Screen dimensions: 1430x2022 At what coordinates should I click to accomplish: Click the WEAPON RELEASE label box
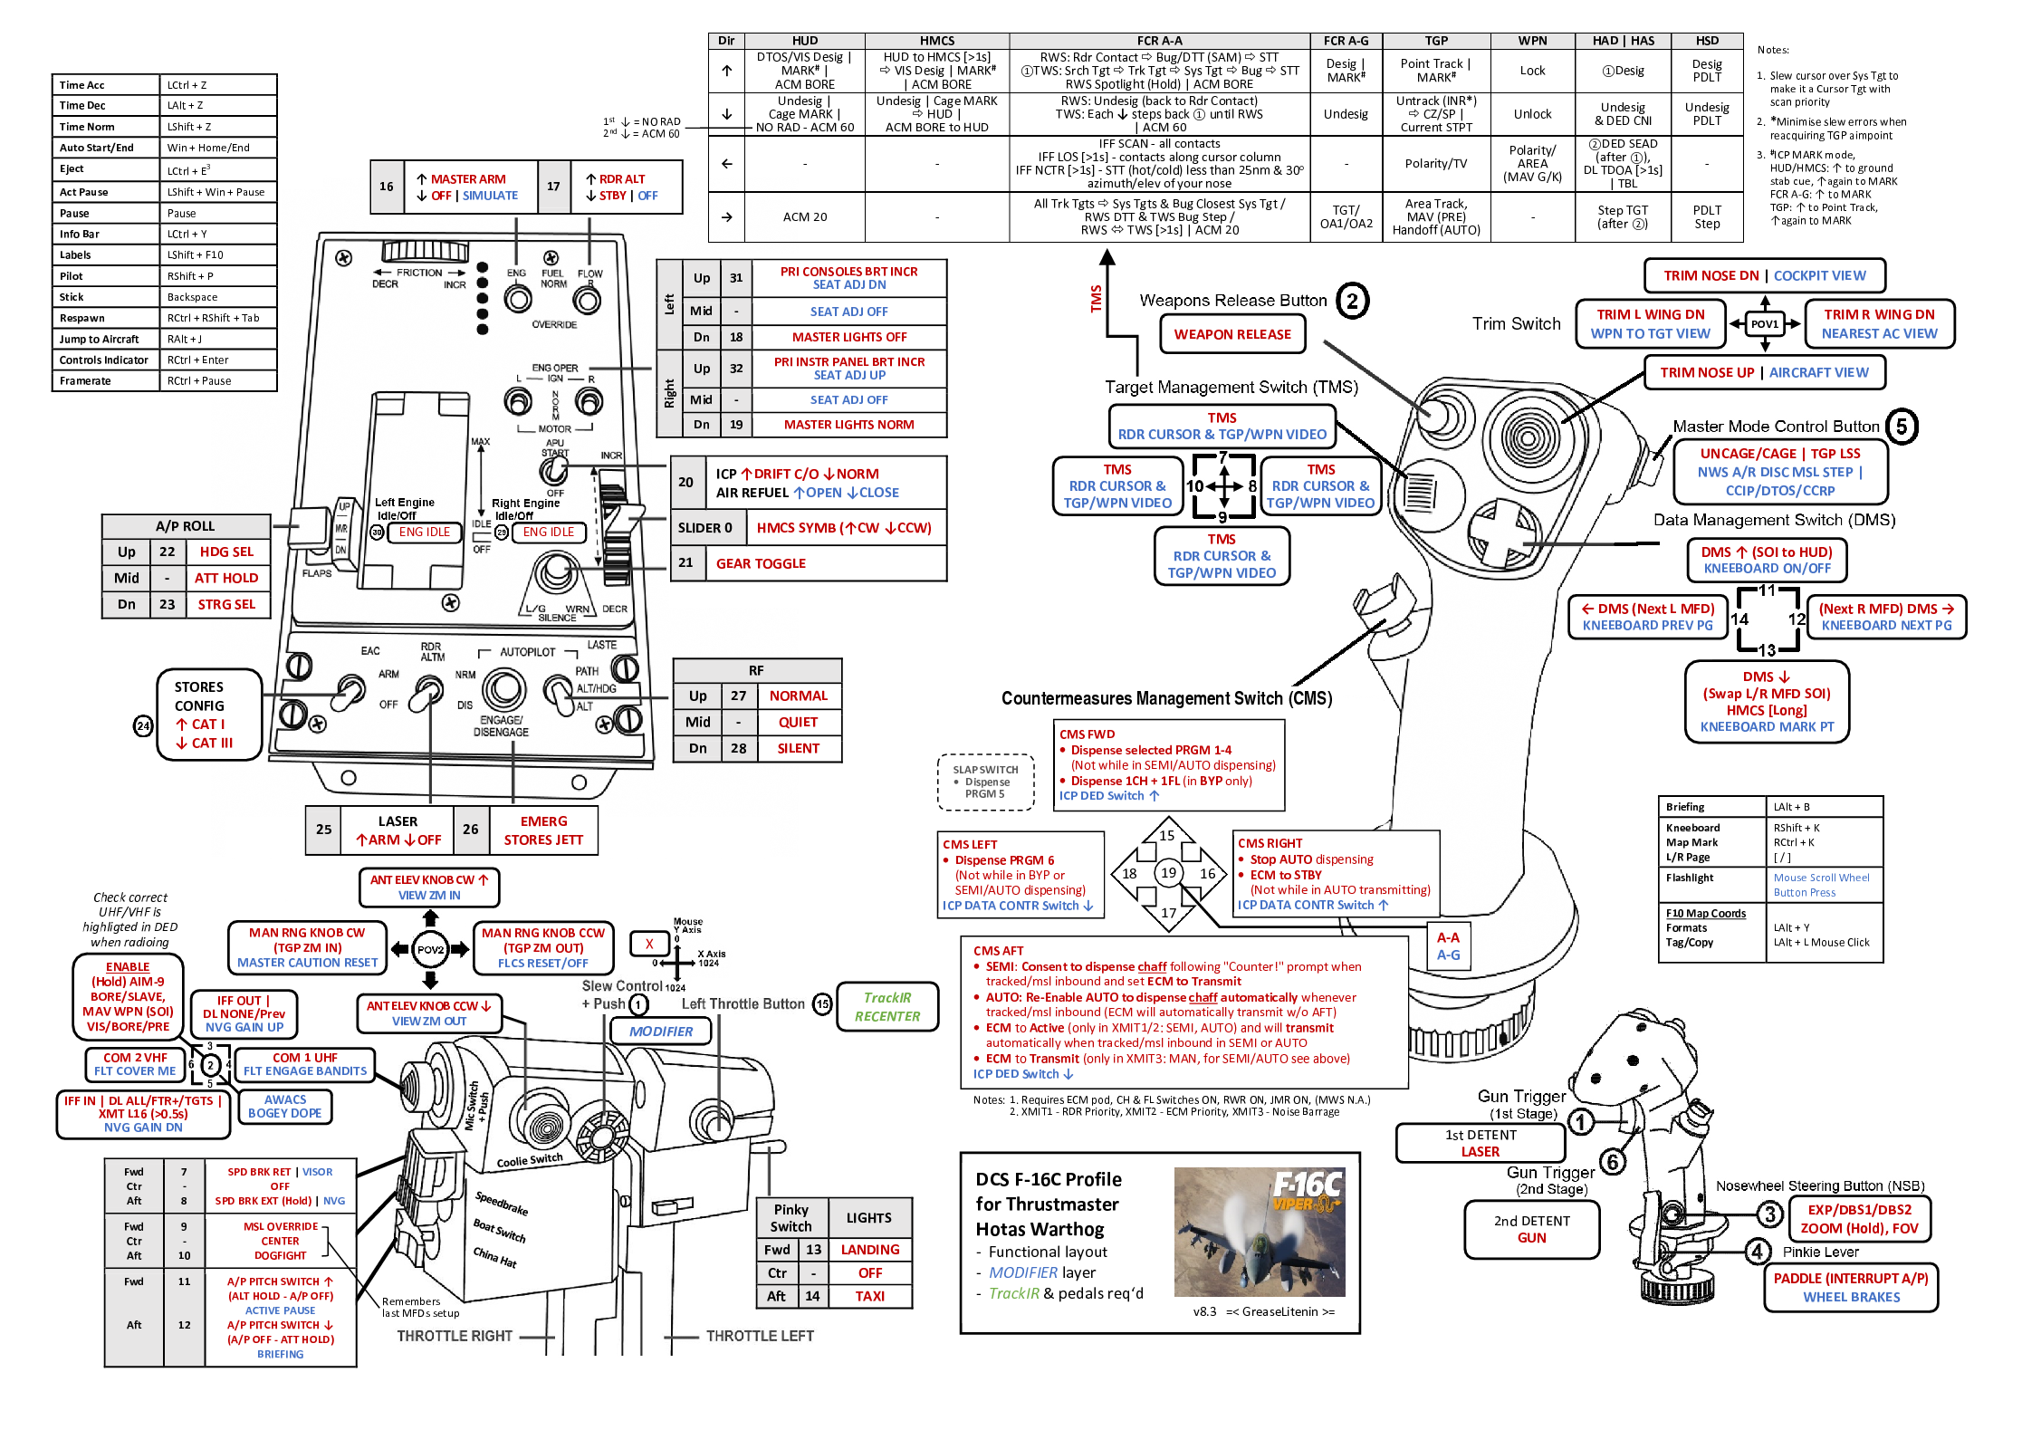(1231, 334)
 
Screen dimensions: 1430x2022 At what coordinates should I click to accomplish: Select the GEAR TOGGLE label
(761, 563)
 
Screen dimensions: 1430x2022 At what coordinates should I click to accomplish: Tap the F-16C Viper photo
(1259, 1232)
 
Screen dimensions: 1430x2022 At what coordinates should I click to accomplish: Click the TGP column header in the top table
(1435, 41)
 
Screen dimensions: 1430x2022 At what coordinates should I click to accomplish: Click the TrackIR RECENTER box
(886, 1007)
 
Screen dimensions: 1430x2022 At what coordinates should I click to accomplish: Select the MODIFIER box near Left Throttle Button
(660, 1032)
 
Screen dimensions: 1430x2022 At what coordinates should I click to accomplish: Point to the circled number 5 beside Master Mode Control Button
(1902, 427)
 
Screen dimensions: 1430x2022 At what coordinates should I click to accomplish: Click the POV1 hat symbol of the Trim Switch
(1764, 323)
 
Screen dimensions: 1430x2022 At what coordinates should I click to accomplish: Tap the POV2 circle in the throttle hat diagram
(430, 949)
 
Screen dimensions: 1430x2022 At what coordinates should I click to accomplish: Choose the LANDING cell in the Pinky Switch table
(869, 1250)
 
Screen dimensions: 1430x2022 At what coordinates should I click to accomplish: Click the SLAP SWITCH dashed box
(985, 782)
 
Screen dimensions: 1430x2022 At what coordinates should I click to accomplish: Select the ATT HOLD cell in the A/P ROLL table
(225, 578)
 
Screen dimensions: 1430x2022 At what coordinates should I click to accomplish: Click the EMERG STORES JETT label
(543, 830)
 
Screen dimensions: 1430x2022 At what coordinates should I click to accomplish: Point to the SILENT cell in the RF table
(798, 748)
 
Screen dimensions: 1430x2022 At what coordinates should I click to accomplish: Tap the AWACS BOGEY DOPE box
(284, 1106)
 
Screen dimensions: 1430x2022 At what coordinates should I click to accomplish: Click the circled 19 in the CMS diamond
(1168, 873)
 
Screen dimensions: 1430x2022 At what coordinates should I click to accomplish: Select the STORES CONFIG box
(208, 715)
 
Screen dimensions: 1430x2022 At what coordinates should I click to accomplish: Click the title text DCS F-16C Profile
(1048, 1179)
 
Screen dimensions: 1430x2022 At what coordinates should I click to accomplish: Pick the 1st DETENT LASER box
(1480, 1143)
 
